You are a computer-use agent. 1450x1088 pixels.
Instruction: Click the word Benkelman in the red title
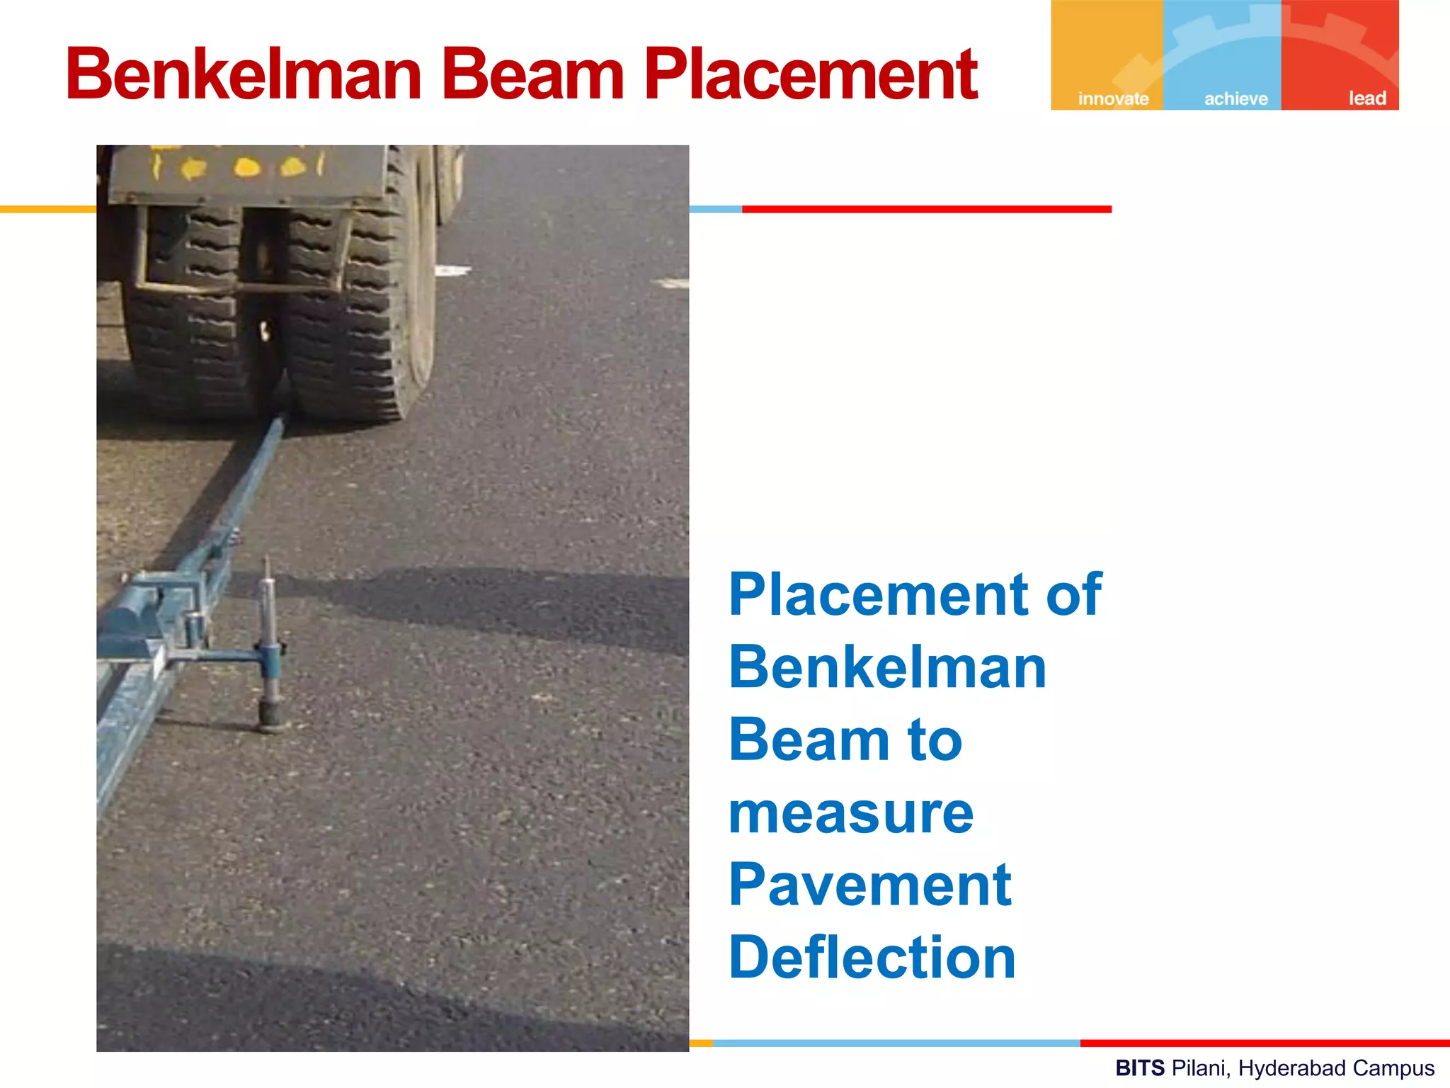tap(244, 74)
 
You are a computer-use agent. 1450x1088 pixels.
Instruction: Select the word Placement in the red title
tap(811, 74)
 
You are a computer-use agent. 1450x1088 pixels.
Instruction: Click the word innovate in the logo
tap(1113, 98)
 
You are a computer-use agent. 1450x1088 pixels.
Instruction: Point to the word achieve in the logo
tap(1236, 98)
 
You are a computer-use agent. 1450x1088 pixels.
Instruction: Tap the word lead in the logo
tap(1366, 98)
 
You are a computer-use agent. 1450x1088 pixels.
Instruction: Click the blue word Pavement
tap(869, 885)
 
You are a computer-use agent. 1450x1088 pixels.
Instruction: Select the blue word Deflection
tap(872, 958)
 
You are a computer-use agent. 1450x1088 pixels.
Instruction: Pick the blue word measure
tap(851, 813)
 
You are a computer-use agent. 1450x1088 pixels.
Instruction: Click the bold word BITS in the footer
tap(1140, 1067)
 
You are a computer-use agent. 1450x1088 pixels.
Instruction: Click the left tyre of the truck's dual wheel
tap(185, 319)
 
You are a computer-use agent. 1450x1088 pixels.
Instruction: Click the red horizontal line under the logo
tap(926, 209)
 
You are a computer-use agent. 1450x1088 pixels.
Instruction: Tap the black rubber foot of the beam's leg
tap(271, 714)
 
